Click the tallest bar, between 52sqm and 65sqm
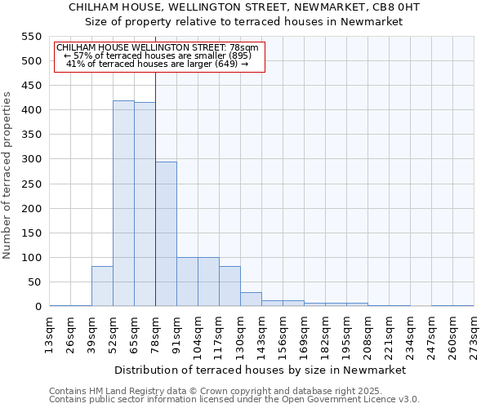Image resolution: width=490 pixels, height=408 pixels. (123, 204)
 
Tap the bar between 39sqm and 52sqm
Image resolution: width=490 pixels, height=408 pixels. (102, 286)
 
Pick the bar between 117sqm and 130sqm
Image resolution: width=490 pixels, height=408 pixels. (229, 286)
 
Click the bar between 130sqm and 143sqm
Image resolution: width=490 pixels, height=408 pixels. (251, 299)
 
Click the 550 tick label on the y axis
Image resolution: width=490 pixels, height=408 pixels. (31, 37)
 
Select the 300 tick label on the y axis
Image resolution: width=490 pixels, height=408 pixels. (31, 159)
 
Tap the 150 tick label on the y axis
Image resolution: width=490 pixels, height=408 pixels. (31, 233)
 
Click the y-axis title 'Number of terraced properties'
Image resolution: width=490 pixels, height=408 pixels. (8, 175)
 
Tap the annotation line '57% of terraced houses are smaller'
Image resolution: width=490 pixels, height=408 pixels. (157, 55)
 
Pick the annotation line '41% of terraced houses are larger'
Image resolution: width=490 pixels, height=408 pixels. (157, 64)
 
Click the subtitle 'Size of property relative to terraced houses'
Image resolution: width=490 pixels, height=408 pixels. (245, 22)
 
